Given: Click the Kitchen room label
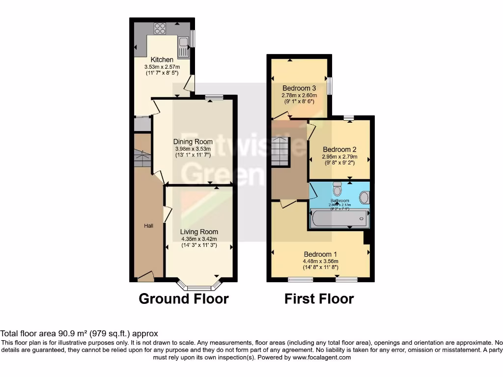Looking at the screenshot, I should (x=162, y=59).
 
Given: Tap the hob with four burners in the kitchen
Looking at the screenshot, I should (x=160, y=28).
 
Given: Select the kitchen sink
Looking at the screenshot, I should (x=184, y=48).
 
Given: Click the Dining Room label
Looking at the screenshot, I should (x=193, y=142).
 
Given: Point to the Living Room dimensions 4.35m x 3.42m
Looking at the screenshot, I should (x=198, y=239).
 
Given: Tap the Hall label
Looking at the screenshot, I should (x=148, y=226).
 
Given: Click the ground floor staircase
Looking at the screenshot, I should (x=141, y=157).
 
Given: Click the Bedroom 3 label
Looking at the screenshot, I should (x=299, y=88).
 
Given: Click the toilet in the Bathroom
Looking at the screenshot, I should (x=337, y=188).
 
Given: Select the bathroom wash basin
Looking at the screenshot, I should (x=364, y=198).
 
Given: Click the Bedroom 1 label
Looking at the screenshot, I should (x=320, y=254).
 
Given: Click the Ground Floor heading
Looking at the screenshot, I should (x=184, y=298).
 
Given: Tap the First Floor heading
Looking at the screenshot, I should (x=319, y=298).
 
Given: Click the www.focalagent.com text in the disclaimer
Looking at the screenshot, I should (x=321, y=358).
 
